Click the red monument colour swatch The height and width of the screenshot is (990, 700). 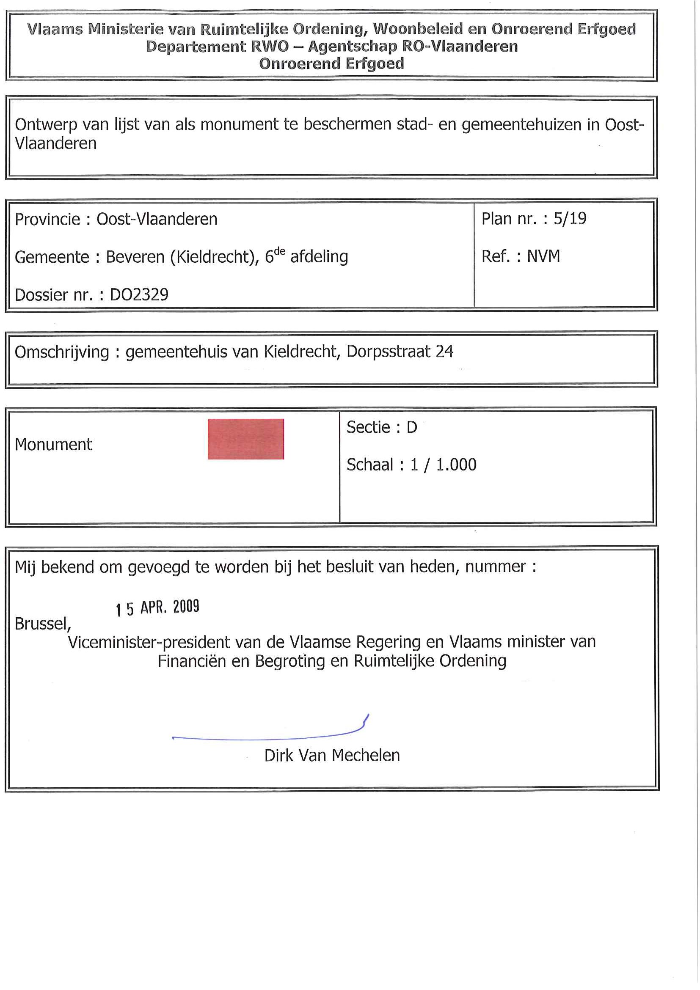[x=246, y=439]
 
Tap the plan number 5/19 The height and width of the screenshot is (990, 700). [x=570, y=219]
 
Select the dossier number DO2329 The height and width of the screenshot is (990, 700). [x=139, y=295]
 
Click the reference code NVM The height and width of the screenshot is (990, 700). [x=543, y=256]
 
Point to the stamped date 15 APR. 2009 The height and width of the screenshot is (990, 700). [x=157, y=608]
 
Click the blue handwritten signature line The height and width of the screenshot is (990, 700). [x=267, y=738]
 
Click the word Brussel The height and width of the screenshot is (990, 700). [x=42, y=624]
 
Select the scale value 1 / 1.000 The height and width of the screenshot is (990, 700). [x=443, y=465]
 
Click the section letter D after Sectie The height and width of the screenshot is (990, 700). [x=411, y=427]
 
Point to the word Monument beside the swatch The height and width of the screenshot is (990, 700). [x=53, y=445]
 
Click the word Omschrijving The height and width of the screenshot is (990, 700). [x=62, y=352]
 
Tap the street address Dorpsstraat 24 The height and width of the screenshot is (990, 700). [x=400, y=352]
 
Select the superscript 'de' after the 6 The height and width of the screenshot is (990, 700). [x=279, y=251]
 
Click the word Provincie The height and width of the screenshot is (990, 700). [x=47, y=220]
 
